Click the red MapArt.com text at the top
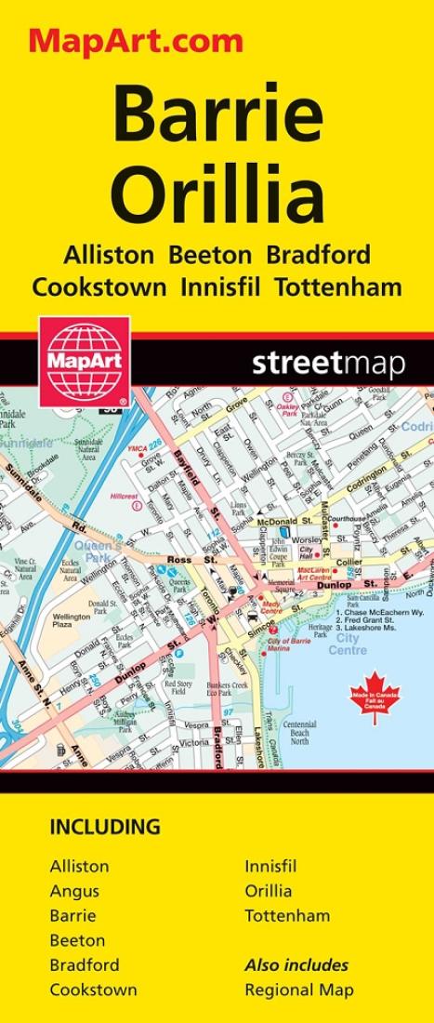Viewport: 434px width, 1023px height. tap(136, 40)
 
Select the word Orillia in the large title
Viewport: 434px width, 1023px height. tap(217, 194)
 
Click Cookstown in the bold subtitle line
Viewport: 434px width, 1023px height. tap(99, 286)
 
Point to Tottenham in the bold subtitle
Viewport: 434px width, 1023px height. tap(338, 286)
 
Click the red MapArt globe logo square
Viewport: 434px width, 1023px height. tap(84, 361)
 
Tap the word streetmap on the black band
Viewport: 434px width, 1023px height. tap(328, 364)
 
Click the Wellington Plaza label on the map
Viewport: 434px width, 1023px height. tap(71, 620)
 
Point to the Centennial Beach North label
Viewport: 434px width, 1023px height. tap(299, 734)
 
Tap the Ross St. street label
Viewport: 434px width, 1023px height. tap(178, 560)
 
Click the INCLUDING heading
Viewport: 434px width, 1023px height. tap(105, 827)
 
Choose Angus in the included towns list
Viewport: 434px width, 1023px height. tap(74, 891)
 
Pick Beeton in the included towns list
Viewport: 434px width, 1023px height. tap(77, 939)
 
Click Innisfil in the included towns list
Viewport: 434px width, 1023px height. tap(270, 866)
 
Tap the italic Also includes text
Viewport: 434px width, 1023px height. tap(296, 964)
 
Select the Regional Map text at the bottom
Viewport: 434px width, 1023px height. tap(299, 990)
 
